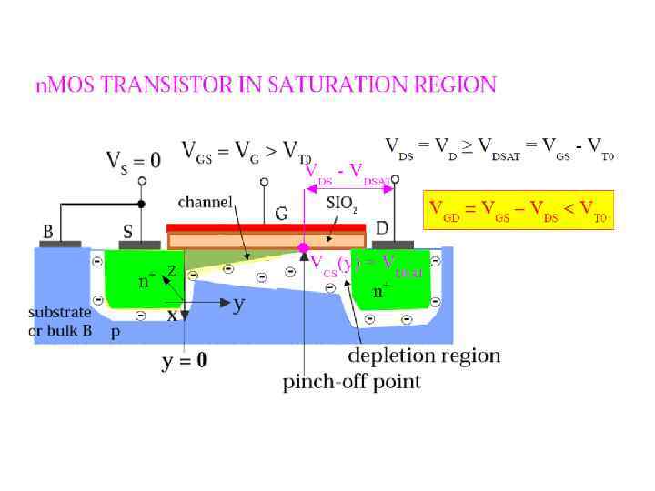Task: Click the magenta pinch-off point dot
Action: click(304, 246)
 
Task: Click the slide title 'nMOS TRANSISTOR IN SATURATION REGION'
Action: click(266, 85)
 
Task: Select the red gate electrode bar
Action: click(267, 227)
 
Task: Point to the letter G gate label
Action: click(282, 213)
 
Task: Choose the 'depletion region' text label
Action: click(424, 355)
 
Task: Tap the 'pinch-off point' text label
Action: click(352, 381)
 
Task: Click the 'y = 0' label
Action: click(184, 361)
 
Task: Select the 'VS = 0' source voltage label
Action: click(133, 161)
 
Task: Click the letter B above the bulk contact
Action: click(47, 231)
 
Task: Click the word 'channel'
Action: click(206, 200)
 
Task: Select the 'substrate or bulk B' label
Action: click(60, 321)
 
